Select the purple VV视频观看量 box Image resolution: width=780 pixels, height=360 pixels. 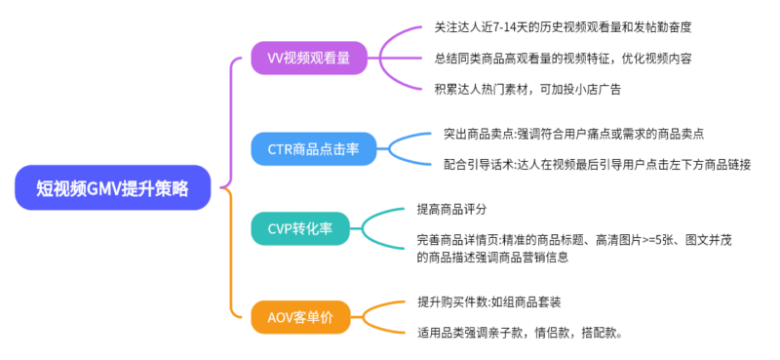pos(303,59)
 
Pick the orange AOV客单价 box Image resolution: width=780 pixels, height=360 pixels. pos(301,317)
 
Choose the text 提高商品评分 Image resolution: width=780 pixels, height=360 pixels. pos(451,210)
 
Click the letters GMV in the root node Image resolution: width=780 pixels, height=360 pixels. pos(104,187)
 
